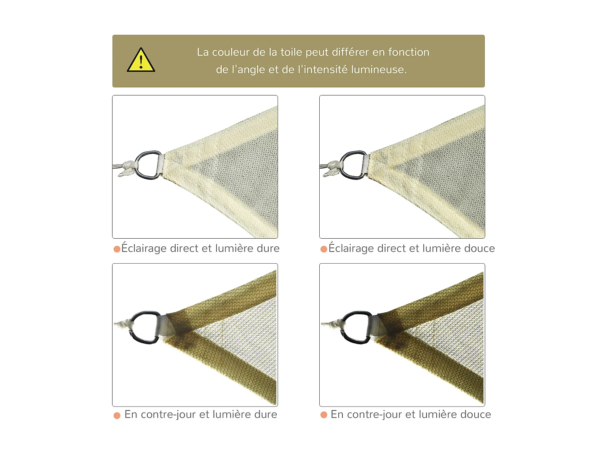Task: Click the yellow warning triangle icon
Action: click(x=141, y=61)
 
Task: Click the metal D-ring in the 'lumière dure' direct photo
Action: click(x=148, y=165)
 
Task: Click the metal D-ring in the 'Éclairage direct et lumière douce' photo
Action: click(x=354, y=165)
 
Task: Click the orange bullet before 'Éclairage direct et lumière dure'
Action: click(x=117, y=249)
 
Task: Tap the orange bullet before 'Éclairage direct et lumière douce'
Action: click(x=324, y=249)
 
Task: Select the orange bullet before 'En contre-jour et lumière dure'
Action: click(x=117, y=415)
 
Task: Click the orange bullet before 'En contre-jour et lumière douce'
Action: click(x=324, y=415)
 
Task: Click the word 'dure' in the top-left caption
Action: click(x=268, y=248)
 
